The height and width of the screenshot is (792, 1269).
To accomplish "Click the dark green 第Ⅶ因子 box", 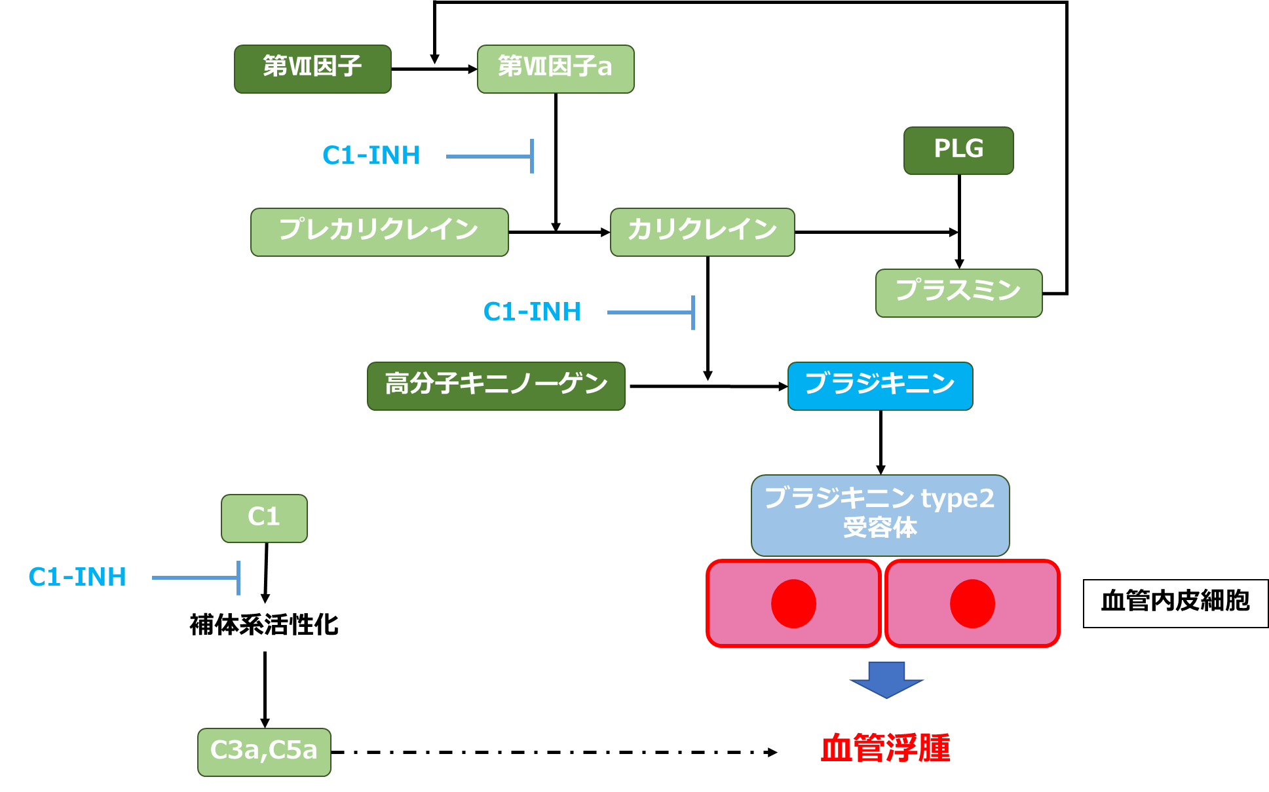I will pos(313,69).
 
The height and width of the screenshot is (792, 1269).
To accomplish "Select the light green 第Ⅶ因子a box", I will pos(556,69).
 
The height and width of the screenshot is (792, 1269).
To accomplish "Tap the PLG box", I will pos(958,151).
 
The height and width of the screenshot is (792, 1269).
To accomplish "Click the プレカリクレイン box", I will pos(379,232).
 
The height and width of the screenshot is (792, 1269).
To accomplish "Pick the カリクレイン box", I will pos(702,232).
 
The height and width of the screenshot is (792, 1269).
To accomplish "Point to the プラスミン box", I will pos(958,293).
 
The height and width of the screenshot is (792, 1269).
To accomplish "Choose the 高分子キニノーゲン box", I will pos(496,386).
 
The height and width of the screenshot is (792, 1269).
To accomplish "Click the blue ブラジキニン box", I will pos(880,386).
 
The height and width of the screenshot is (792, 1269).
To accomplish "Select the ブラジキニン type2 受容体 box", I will pos(880,515).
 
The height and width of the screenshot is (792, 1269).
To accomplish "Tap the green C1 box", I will pos(264,518).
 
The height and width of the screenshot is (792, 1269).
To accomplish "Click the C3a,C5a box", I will pos(264,752).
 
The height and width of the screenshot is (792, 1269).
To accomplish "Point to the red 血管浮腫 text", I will pos(885,748).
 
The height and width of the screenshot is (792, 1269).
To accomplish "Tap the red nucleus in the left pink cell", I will pos(793,603).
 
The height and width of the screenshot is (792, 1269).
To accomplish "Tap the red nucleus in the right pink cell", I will pos(972,603).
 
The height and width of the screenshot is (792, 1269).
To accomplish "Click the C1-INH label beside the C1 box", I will pos(77,577).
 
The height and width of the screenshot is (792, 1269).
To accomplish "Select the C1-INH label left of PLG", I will pos(371,156).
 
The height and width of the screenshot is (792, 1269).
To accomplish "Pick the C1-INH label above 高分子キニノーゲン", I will pos(532,312).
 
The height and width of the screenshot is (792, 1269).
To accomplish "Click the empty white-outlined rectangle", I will pos(264,627).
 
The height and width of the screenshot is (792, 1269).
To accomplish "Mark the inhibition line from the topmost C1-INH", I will pos(488,157).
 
